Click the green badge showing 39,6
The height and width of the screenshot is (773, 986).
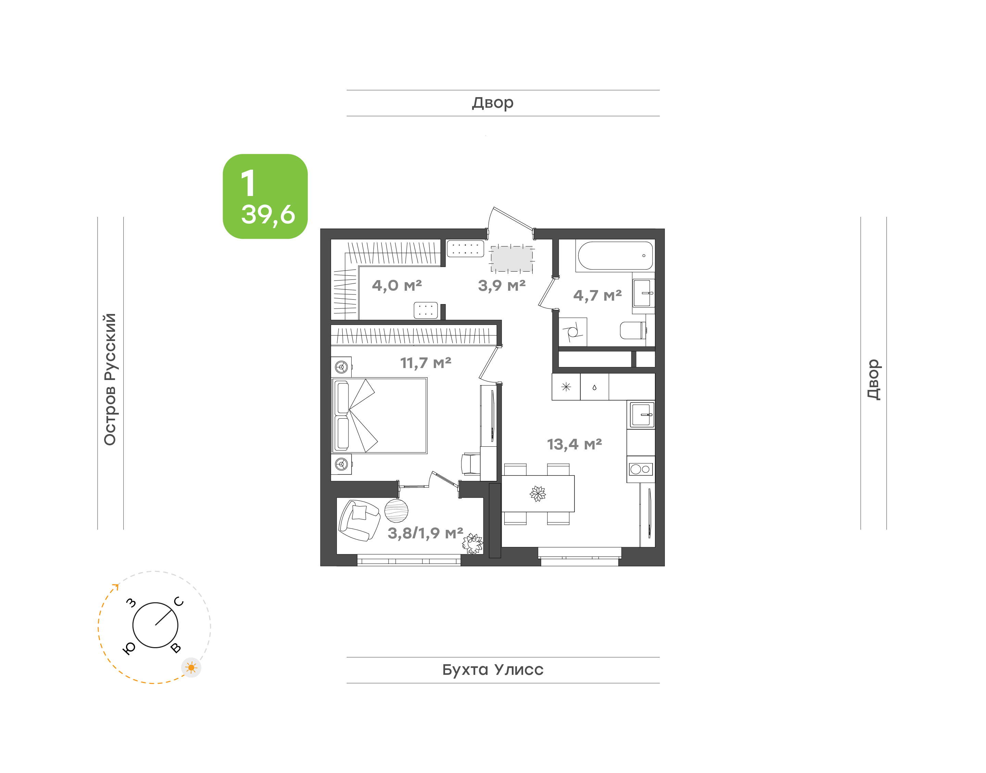point(265,196)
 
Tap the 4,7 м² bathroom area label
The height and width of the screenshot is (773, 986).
point(597,296)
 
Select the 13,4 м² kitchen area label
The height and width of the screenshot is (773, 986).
point(574,444)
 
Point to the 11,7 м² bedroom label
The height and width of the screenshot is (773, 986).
point(426,363)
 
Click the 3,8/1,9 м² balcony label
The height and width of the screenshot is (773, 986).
point(425,533)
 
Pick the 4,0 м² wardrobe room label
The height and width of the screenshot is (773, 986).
point(397,285)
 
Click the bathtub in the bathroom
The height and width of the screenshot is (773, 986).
point(615,256)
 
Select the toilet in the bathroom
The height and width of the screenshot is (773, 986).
point(633,330)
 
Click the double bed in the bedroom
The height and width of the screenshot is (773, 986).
point(380,416)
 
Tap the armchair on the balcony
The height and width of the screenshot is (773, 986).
point(359,521)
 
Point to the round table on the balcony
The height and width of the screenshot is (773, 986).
point(396,511)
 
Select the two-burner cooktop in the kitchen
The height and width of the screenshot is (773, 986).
point(641,469)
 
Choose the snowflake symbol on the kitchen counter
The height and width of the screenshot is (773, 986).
point(566,387)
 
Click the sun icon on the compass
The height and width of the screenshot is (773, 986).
point(191,668)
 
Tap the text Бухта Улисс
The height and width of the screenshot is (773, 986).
point(493,670)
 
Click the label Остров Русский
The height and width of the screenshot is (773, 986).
point(110,379)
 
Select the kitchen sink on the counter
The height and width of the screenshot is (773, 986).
point(641,415)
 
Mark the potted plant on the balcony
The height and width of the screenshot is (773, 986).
point(472,543)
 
